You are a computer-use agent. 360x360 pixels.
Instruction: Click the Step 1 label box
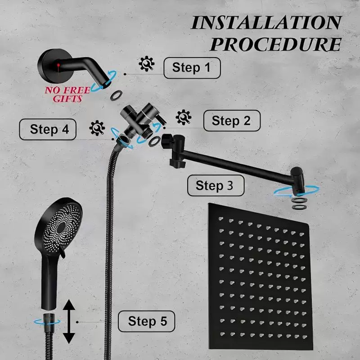coord(192,68)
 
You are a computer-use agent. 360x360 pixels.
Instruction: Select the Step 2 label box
coord(232,121)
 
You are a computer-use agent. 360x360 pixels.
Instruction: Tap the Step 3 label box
coord(216,185)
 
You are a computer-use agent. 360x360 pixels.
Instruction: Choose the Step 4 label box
coord(48,129)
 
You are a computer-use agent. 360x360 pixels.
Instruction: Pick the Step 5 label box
coord(147,321)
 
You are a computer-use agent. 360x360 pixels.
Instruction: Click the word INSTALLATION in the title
coord(266,23)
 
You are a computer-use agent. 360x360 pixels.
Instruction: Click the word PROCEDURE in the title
coord(275,44)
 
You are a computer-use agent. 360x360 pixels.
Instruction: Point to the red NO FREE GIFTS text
coord(67,94)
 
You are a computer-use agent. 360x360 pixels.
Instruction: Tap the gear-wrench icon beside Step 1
coord(147,63)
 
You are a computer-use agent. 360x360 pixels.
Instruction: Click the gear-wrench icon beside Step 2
coord(184,117)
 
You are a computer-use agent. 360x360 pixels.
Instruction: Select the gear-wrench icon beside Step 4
coord(97,128)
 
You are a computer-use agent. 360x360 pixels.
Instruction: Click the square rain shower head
coord(260,277)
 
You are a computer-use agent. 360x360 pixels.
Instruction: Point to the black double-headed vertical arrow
coord(69,321)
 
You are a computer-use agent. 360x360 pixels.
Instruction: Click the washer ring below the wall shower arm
coord(116,95)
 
